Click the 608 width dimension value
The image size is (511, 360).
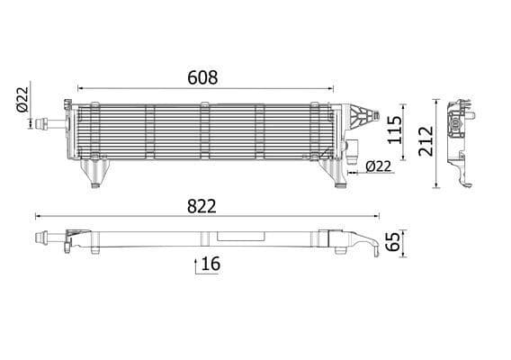(x=203, y=77)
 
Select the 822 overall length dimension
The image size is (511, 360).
(x=201, y=206)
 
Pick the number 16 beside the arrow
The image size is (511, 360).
(x=211, y=264)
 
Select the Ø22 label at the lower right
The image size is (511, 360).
(x=379, y=165)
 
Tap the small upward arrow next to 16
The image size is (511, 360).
(x=195, y=265)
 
